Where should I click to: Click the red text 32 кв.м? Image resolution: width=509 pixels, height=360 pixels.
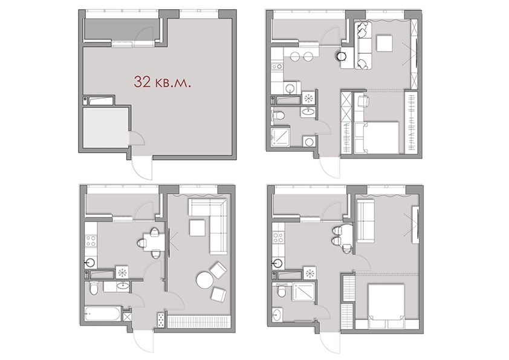pyautogui.click(x=162, y=82)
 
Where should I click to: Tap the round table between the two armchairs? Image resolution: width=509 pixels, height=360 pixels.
pyautogui.click(x=204, y=280)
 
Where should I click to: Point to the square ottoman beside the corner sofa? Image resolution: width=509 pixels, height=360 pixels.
pyautogui.click(x=197, y=227)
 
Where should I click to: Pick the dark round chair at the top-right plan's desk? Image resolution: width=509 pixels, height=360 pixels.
pyautogui.click(x=341, y=56)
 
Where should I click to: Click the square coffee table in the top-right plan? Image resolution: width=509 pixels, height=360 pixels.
pyautogui.click(x=384, y=44)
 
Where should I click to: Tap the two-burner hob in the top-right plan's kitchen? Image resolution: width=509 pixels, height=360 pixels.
pyautogui.click(x=277, y=67)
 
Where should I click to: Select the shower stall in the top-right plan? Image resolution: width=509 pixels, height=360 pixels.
pyautogui.click(x=280, y=137)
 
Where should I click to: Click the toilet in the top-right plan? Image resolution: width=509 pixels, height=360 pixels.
pyautogui.click(x=278, y=115)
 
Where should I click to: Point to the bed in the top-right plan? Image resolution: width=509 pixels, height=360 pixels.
pyautogui.click(x=377, y=137)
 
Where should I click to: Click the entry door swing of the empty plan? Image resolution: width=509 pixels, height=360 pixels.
pyautogui.click(x=142, y=168)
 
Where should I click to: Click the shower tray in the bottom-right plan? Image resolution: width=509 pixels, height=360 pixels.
pyautogui.click(x=303, y=292)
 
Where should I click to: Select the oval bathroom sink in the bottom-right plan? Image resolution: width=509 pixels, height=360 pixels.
pyautogui.click(x=277, y=315)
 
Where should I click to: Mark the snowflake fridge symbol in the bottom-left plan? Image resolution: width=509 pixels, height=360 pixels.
pyautogui.click(x=122, y=273)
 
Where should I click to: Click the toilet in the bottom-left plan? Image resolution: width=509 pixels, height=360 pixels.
pyautogui.click(x=93, y=288)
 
